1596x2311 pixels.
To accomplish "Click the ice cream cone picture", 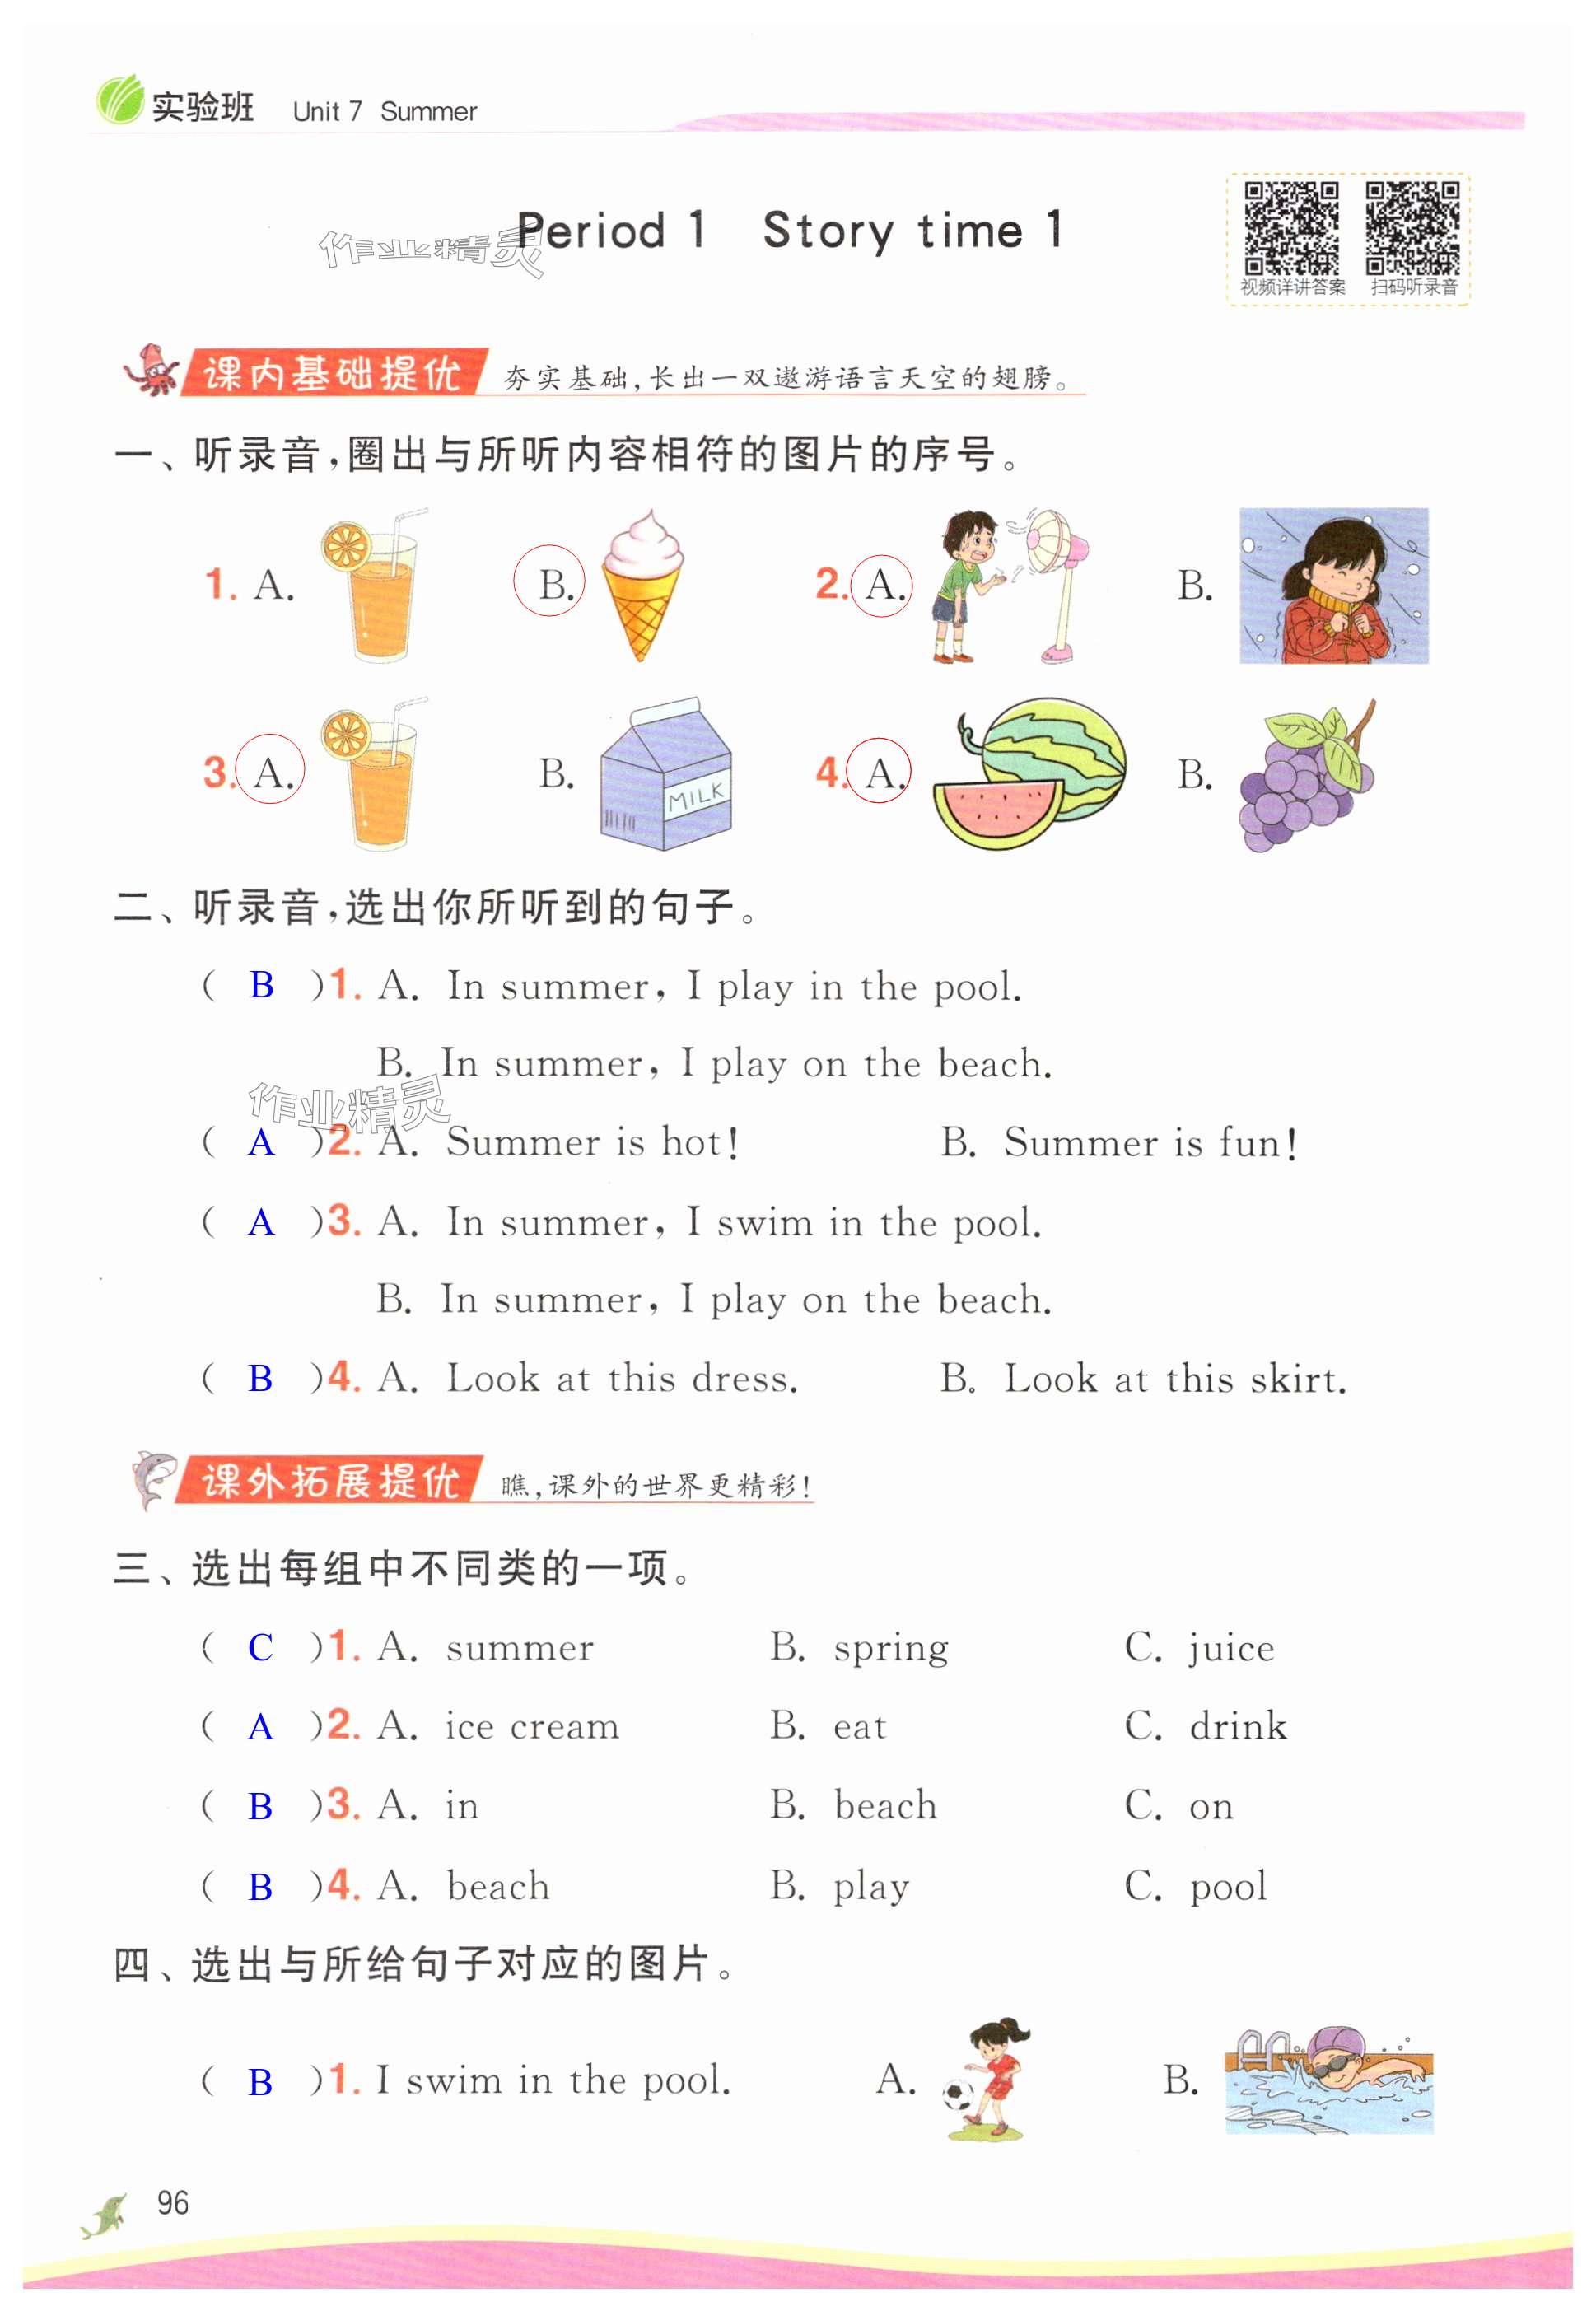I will click(642, 584).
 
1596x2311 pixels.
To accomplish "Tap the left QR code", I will click(1291, 228).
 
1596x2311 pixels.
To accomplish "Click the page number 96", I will click(172, 2202).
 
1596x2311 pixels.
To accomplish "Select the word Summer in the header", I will click(428, 112).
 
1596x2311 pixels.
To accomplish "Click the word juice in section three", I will click(1231, 1648).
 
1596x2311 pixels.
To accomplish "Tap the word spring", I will click(891, 1648).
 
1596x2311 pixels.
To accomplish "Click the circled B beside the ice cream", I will click(550, 583).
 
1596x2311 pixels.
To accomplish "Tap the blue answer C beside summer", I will click(260, 1647).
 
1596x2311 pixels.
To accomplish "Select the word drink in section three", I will click(1238, 1727).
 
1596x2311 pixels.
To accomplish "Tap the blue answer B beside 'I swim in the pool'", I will click(260, 2082).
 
